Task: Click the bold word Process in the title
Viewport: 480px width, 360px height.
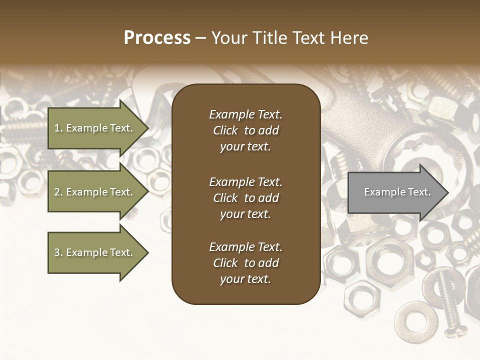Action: pos(157,37)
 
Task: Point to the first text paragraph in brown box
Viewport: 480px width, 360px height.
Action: pos(245,130)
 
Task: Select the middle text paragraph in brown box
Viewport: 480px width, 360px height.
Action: pos(245,198)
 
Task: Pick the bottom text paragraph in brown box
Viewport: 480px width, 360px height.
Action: pos(245,263)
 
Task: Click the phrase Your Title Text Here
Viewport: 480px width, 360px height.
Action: pos(289,37)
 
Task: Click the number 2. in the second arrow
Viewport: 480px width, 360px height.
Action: pos(58,192)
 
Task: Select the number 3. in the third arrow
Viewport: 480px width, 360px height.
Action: pos(58,253)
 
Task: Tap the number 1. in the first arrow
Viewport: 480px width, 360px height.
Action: pos(58,128)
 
